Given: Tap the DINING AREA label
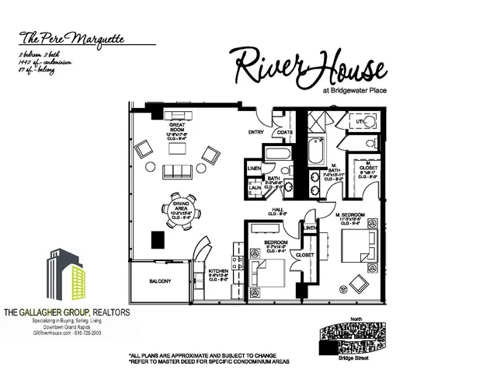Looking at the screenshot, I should coord(179,205).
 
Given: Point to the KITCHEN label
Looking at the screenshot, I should coord(218,270).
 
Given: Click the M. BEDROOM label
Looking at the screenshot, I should coord(350,214).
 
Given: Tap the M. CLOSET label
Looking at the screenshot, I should coord(363,167).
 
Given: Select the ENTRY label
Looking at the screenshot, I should coord(256,132).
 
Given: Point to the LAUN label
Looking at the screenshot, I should coord(254,186).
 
